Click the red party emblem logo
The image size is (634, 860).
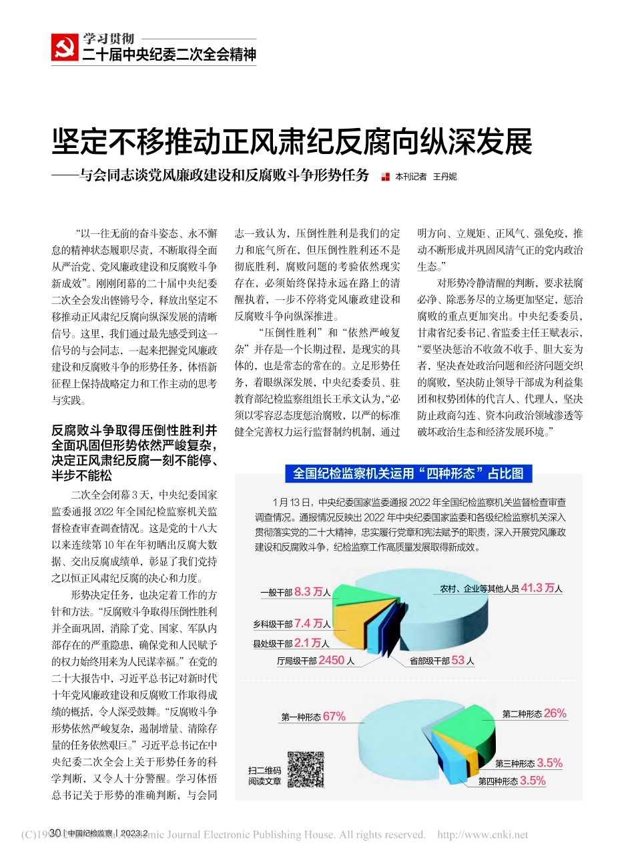[x=65, y=48]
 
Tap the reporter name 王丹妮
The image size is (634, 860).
[x=444, y=177]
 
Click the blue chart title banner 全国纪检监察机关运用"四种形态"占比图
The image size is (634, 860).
[x=408, y=473]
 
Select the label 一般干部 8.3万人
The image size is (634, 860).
[x=295, y=592]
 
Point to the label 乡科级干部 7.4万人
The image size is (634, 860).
[x=292, y=624]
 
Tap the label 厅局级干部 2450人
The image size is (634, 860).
[x=315, y=661]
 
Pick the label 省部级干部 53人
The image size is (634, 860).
[x=442, y=661]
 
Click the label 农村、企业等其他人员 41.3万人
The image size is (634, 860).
[x=501, y=589]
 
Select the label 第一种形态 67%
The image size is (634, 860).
[x=313, y=717]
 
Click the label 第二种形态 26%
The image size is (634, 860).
[x=534, y=713]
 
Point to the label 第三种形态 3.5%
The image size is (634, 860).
[x=529, y=763]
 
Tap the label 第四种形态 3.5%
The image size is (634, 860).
[x=512, y=781]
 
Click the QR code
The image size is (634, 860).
[x=305, y=769]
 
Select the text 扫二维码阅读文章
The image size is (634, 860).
[x=265, y=775]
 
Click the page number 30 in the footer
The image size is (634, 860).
[x=56, y=833]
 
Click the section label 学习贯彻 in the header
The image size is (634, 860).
[x=109, y=39]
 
